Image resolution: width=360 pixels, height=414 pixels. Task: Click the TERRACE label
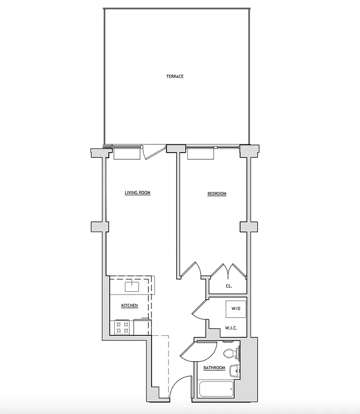tap(175, 77)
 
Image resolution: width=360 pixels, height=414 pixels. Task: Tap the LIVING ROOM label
tap(137, 193)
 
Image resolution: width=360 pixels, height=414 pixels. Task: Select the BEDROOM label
tap(217, 194)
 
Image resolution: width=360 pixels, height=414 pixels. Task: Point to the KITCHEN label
tap(129, 306)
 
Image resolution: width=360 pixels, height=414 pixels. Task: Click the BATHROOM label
tap(214, 368)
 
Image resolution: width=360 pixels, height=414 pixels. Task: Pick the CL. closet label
tap(229, 286)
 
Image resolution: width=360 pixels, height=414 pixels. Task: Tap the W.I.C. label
tap(231, 328)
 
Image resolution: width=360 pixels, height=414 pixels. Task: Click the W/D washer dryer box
tap(236, 309)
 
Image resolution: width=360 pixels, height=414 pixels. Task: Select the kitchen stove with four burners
tap(123, 327)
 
